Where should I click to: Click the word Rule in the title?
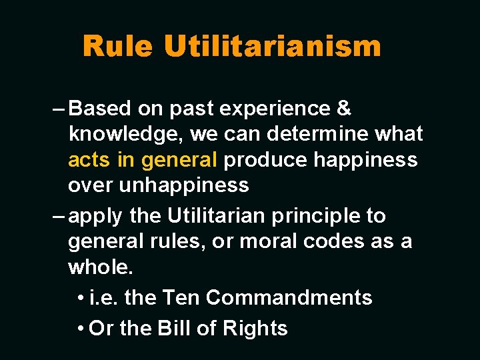click(118, 46)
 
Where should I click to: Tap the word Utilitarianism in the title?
click(273, 46)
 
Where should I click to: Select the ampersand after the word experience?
click(345, 108)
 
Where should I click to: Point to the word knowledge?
click(126, 135)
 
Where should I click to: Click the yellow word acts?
click(90, 160)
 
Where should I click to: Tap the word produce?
click(265, 160)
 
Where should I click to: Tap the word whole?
click(101, 267)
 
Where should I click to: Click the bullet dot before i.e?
click(80, 298)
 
